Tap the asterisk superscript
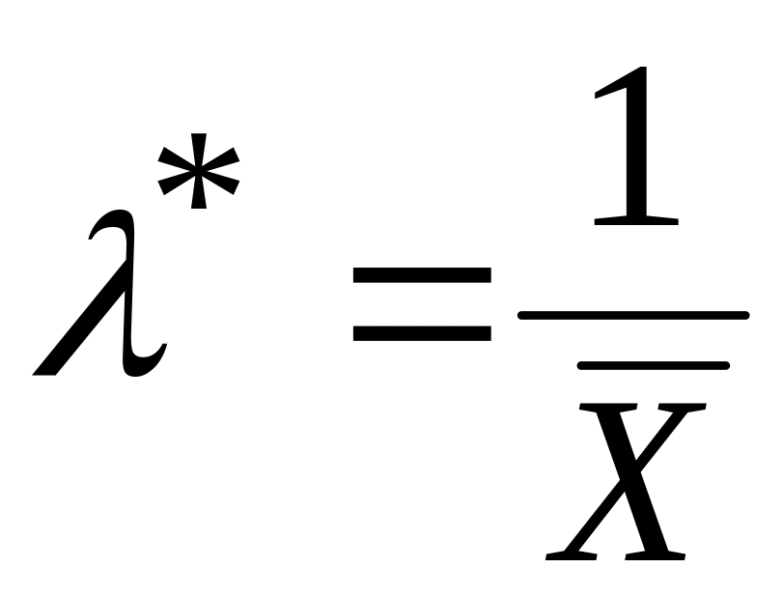[199, 171]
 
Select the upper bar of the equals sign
[422, 275]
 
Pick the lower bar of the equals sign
[422, 333]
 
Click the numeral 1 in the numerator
[635, 146]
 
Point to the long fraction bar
[633, 315]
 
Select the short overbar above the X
[654, 366]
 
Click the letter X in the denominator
[627, 481]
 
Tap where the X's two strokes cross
[630, 475]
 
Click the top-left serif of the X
[608, 408]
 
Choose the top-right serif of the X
[683, 408]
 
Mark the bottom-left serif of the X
[571, 555]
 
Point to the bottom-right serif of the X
[656, 555]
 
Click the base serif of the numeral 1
[635, 220]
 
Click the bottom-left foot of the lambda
[44, 371]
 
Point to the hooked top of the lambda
[111, 221]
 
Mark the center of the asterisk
[199, 171]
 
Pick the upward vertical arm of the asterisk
[199, 150]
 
